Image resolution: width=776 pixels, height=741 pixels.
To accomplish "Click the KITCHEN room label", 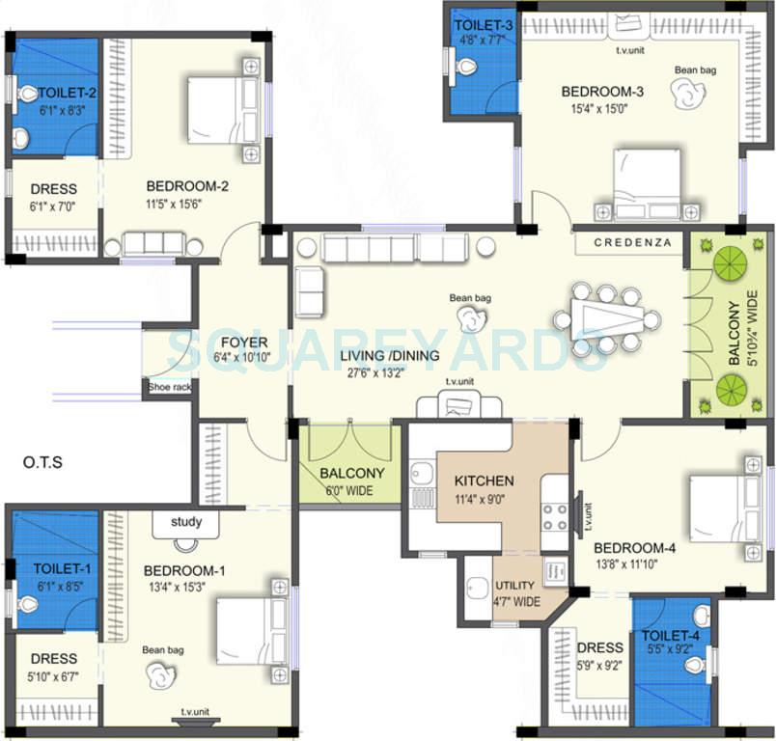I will click(x=484, y=480).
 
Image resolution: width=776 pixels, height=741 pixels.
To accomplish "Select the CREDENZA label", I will click(x=632, y=242).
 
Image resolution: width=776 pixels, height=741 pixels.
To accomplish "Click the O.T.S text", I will click(x=42, y=462).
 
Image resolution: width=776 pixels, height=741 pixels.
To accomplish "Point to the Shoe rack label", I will click(x=170, y=388).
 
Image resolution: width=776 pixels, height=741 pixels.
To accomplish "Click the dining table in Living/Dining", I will click(x=606, y=319).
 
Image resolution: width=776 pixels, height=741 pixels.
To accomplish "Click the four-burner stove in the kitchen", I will click(x=555, y=518).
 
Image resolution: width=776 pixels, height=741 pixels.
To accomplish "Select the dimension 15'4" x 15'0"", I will click(x=595, y=109).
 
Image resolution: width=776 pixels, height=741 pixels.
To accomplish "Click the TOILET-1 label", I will click(x=54, y=568).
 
